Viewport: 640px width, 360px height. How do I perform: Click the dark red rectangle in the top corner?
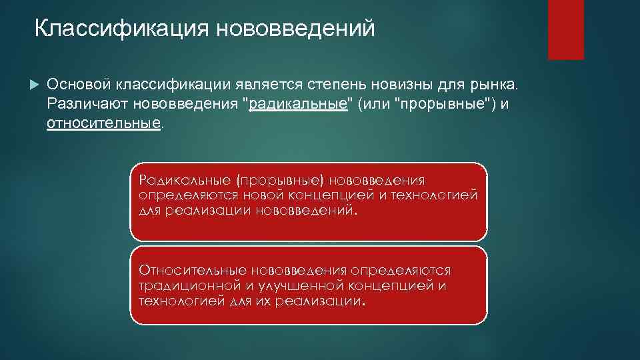point(565,29)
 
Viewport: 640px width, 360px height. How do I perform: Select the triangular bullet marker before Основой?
point(35,85)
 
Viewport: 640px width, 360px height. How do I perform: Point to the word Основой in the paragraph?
point(80,85)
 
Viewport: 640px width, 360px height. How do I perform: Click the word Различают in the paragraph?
point(87,105)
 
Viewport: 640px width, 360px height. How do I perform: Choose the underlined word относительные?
point(104,124)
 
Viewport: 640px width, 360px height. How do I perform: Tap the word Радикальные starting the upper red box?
point(177,181)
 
